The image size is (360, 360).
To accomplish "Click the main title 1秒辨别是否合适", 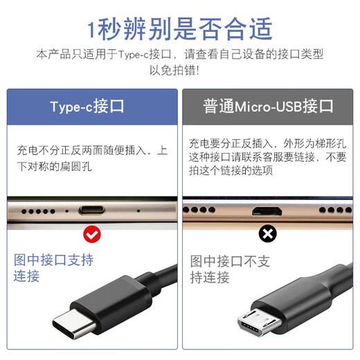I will (x=180, y=29).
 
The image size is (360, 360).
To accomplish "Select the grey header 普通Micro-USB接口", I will (x=268, y=107).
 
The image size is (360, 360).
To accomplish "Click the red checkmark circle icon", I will (x=91, y=234).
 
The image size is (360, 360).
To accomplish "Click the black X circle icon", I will (x=267, y=234).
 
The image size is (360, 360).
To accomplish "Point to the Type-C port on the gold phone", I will (x=91, y=210).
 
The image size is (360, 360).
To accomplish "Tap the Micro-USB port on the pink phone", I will (x=267, y=210).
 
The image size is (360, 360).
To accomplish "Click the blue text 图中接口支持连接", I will (x=54, y=268).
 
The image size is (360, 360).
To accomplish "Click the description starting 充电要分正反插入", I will (x=267, y=156).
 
